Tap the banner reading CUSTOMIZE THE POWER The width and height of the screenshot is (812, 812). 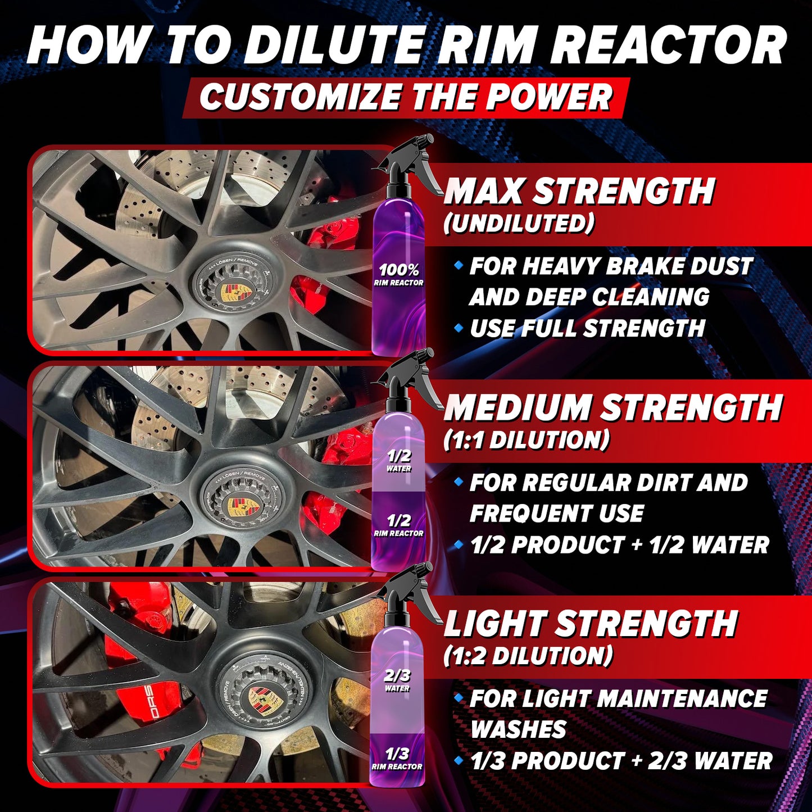tap(406, 97)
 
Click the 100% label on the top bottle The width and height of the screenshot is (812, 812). tap(399, 270)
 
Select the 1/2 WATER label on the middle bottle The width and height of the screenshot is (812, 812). tap(399, 460)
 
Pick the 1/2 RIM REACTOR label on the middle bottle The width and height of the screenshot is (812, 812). tap(398, 525)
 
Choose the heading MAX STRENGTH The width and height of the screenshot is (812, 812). tap(579, 192)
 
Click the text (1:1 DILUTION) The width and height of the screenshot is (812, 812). tap(527, 440)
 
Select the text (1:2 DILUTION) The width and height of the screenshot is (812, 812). tap(528, 656)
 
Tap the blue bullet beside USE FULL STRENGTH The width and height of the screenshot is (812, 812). tap(459, 326)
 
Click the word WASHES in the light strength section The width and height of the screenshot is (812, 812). tap(518, 729)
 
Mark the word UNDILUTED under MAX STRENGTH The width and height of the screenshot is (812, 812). tap(519, 224)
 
